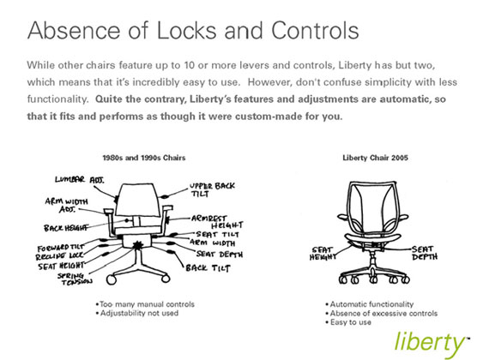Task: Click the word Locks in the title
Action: pyautogui.click(x=186, y=30)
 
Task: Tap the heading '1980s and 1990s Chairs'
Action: pyautogui.click(x=144, y=158)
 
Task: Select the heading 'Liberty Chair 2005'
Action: pyautogui.click(x=375, y=158)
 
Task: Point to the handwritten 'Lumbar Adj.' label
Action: pyautogui.click(x=80, y=180)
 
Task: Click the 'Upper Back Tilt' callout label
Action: pyautogui.click(x=213, y=189)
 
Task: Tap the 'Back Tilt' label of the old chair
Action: pyautogui.click(x=208, y=268)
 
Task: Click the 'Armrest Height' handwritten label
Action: pyautogui.click(x=217, y=222)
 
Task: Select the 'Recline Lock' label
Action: pyautogui.click(x=59, y=256)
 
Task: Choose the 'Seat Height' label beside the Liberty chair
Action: pyautogui.click(x=323, y=254)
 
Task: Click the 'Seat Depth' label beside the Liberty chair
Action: pyautogui.click(x=425, y=253)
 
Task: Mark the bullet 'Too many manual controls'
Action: pyautogui.click(x=145, y=304)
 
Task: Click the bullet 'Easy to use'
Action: pyautogui.click(x=348, y=322)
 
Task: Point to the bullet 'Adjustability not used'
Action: pyautogui.click(x=137, y=313)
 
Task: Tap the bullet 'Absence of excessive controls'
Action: pyautogui.click(x=382, y=313)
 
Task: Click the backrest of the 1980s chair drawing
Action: pyautogui.click(x=137, y=200)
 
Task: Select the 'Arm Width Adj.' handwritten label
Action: pyautogui.click(x=67, y=205)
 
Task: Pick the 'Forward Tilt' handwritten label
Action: pyautogui.click(x=61, y=248)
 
